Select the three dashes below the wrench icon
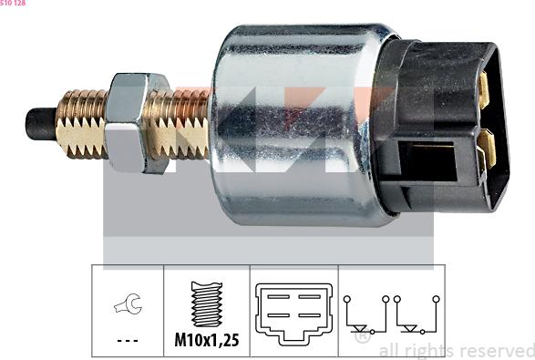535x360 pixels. tap(127, 342)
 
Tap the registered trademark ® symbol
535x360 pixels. tap(362, 336)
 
